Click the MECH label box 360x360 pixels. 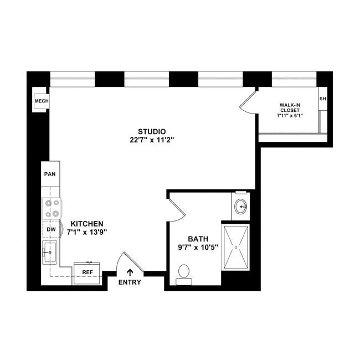[42, 101]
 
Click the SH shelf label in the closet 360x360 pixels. [322, 99]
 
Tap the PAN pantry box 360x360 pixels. [50, 174]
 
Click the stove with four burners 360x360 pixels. [52, 208]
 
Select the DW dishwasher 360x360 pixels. [51, 229]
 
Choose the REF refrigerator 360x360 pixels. [87, 272]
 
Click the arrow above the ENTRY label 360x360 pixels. [130, 271]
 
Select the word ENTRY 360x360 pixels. [130, 282]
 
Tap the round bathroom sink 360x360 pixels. [241, 207]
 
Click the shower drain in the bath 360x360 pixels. [236, 246]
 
